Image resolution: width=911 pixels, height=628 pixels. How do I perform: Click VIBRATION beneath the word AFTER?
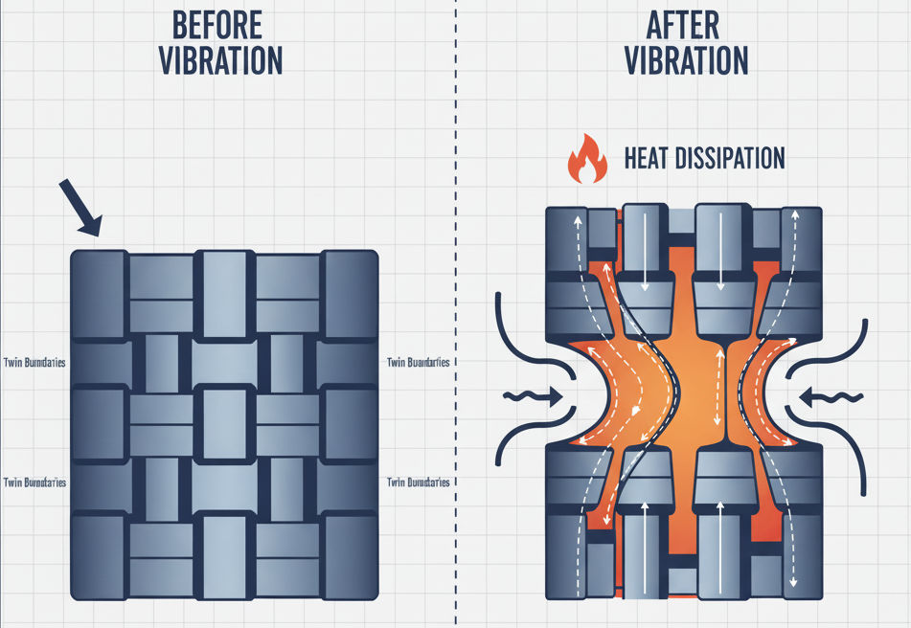point(685,59)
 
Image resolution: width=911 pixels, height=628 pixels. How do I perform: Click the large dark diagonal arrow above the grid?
point(80,206)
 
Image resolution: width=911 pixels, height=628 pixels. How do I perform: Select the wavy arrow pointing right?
point(532,394)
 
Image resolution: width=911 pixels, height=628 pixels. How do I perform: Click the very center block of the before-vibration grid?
point(224,421)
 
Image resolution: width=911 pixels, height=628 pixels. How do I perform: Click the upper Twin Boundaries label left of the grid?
point(35,362)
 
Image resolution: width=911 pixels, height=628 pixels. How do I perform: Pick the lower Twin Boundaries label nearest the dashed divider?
point(418,482)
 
